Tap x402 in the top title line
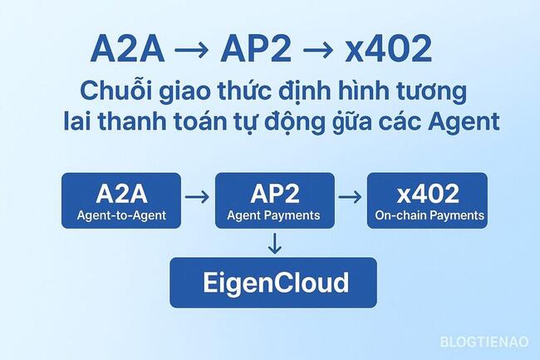coord(388,50)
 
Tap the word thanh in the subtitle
coord(138,121)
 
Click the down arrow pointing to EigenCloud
coord(275,244)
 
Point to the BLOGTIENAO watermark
coord(485,341)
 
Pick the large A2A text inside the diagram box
coord(121,195)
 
